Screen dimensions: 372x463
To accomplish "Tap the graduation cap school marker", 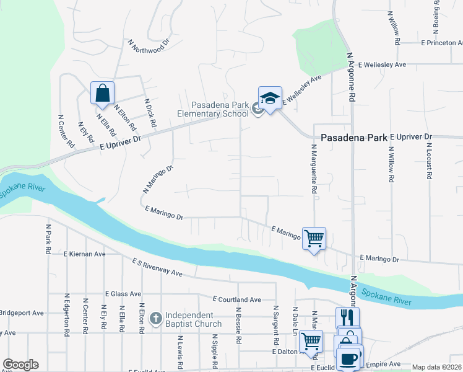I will pyautogui.click(x=270, y=99).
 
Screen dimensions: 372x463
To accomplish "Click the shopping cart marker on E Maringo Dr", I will pyautogui.click(x=314, y=238).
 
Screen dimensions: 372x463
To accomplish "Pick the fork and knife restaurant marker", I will pyautogui.click(x=347, y=318).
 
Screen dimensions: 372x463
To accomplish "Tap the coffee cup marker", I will pyautogui.click(x=348, y=359).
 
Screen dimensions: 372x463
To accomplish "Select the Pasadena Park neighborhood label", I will pyautogui.click(x=353, y=138).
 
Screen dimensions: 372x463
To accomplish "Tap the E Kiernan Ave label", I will pyautogui.click(x=85, y=254).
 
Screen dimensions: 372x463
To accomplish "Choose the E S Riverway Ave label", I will pyautogui.click(x=157, y=268).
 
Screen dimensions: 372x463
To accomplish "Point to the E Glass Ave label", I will pyautogui.click(x=123, y=294).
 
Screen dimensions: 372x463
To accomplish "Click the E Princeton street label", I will pyautogui.click(x=441, y=43).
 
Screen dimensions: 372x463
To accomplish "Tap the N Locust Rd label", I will pyautogui.click(x=428, y=161).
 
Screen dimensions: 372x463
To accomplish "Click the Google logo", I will pyautogui.click(x=20, y=365).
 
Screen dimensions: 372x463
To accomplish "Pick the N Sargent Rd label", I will pyautogui.click(x=275, y=326).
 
